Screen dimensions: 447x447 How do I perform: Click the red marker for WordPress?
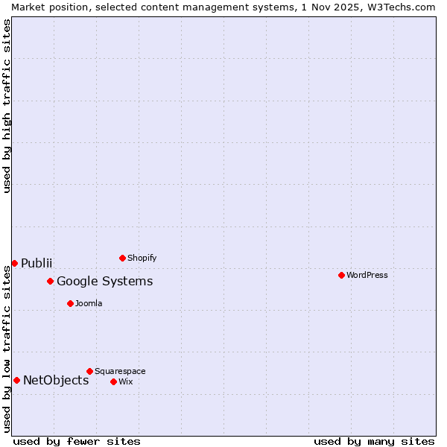341,275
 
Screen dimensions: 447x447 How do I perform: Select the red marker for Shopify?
122,258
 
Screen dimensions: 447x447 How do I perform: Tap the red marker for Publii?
14,263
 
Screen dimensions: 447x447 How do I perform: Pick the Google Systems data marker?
50,281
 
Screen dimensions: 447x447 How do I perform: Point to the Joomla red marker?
70,303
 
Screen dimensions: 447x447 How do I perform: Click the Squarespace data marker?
89,371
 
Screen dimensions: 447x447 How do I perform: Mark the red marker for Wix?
113,381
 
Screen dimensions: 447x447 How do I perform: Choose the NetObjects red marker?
16,380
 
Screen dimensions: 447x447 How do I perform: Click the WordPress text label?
367,275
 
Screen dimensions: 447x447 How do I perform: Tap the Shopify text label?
142,258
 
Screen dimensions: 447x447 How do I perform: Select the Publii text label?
37,263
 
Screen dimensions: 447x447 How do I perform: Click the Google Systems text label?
105,281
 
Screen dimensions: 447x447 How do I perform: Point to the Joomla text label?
89,303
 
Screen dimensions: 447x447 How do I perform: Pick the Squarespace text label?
120,371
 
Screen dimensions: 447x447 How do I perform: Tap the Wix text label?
125,381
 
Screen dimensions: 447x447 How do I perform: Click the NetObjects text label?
56,380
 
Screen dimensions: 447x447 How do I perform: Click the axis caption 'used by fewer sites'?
77,441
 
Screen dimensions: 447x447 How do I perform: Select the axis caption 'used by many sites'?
374,441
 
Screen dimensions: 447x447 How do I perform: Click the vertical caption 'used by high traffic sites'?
7,106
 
